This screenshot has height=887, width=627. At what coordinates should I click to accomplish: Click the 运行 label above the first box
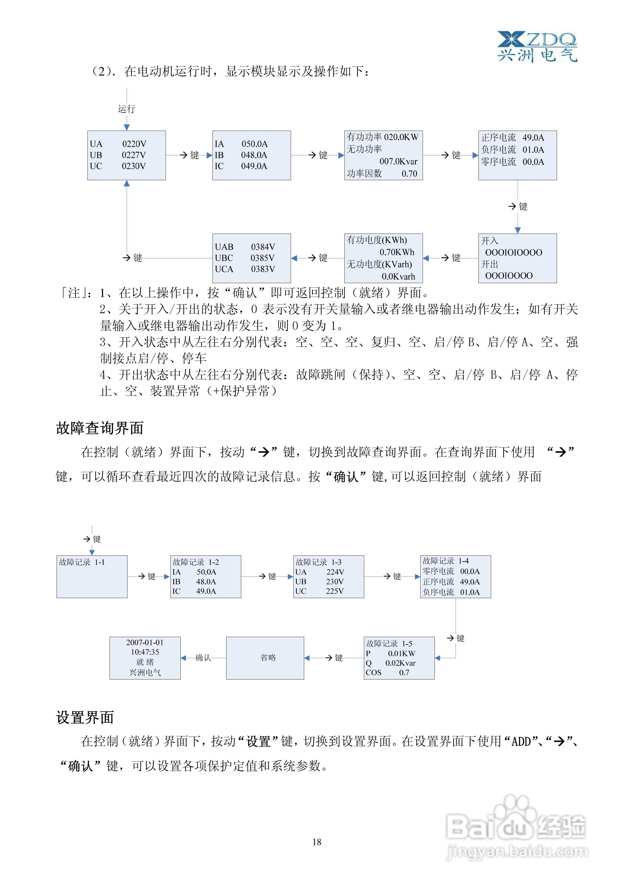pyautogui.click(x=126, y=109)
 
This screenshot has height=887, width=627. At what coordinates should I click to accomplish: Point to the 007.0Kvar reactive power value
pyautogui.click(x=398, y=161)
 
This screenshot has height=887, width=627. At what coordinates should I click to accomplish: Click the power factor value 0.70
pyautogui.click(x=409, y=174)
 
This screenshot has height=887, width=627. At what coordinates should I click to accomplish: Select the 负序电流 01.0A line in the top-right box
pyautogui.click(x=512, y=150)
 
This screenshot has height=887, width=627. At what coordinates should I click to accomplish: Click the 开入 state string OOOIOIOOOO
pyautogui.click(x=514, y=253)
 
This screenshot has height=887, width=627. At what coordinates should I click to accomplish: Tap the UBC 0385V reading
pyautogui.click(x=245, y=258)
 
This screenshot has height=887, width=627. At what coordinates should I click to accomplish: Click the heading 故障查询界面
pyautogui.click(x=100, y=428)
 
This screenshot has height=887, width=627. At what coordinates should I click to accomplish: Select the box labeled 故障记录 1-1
pyautogui.click(x=92, y=576)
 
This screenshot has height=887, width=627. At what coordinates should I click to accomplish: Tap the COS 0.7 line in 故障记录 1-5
pyautogui.click(x=387, y=673)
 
